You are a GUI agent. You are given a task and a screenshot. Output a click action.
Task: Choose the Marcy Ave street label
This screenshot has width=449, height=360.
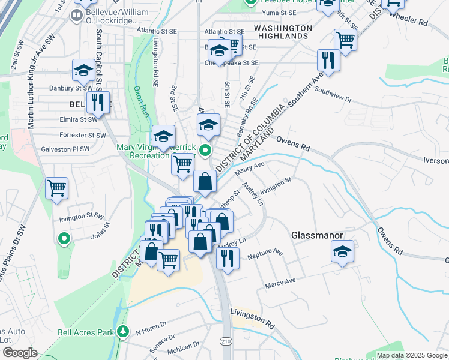click(x=282, y=281)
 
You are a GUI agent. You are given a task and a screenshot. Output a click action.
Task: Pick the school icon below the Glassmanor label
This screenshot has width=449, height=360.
click(x=342, y=251)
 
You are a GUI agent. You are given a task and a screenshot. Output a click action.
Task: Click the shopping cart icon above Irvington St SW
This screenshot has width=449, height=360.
click(x=56, y=188)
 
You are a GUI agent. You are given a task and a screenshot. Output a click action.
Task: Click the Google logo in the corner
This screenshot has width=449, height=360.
click(x=20, y=353)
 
